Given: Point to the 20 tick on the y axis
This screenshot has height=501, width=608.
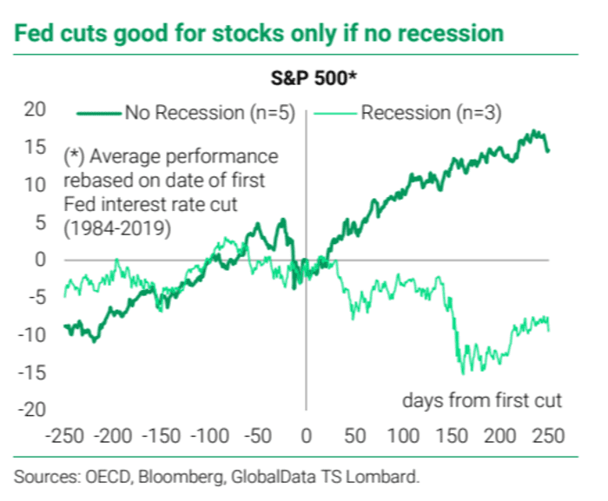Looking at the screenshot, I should click(x=34, y=110).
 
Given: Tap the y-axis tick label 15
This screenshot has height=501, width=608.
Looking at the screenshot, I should click(x=34, y=148).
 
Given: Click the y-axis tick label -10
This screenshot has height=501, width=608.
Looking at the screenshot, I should click(x=30, y=334).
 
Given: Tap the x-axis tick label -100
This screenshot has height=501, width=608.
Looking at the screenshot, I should click(x=208, y=434).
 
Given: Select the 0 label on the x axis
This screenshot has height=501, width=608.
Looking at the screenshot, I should click(x=306, y=434).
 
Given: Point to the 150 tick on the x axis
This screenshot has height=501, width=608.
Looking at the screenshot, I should click(x=450, y=434).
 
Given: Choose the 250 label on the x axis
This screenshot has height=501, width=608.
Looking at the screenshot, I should click(x=547, y=434).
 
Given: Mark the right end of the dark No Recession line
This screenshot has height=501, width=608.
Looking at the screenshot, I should click(x=548, y=151).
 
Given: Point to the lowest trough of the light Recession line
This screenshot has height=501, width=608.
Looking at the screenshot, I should click(x=462, y=373).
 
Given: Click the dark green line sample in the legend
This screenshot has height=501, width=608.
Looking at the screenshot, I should click(x=99, y=112).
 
